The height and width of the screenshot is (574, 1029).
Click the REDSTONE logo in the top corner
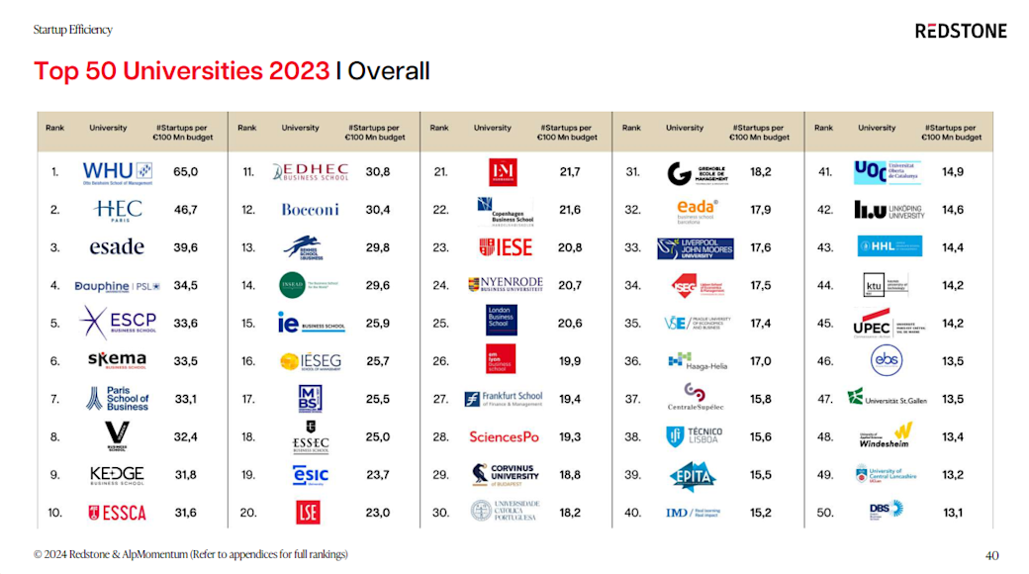[x=960, y=31]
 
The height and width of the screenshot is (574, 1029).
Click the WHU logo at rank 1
[x=117, y=172]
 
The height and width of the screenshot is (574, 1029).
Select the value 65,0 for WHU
[x=186, y=172]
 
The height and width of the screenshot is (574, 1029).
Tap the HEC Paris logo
[x=119, y=210]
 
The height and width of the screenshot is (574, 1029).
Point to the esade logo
[x=117, y=247]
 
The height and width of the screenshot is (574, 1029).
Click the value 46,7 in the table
[x=186, y=210]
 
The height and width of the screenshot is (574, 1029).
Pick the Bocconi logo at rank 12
[x=310, y=210]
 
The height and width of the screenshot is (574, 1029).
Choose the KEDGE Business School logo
[x=117, y=475]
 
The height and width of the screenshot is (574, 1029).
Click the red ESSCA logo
[x=117, y=513]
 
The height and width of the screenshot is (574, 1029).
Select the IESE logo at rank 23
[x=505, y=247]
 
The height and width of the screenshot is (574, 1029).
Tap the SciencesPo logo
[x=504, y=437]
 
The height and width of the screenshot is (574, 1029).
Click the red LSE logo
[x=308, y=513]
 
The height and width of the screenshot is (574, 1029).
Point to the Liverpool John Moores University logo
[x=696, y=248]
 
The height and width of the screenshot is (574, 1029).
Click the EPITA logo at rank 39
[x=693, y=476]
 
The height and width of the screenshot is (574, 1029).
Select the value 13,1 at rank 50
[x=953, y=513]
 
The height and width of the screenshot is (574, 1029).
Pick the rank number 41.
[x=825, y=172]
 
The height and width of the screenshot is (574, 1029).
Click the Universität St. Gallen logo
[x=884, y=399]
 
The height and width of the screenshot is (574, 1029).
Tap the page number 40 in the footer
[x=992, y=555]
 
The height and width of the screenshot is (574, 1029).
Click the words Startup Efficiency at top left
[x=73, y=30]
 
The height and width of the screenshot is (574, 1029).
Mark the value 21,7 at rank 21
[x=570, y=172]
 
